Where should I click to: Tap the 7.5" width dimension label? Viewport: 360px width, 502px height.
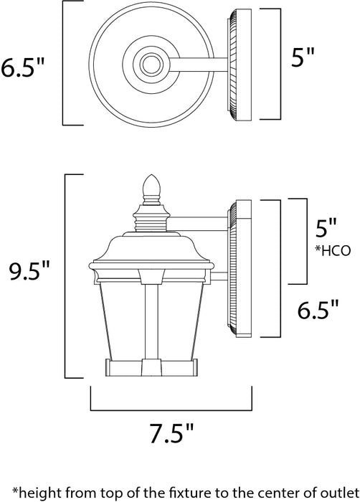point(171,432)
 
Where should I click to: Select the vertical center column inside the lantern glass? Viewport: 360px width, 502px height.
point(151,323)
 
